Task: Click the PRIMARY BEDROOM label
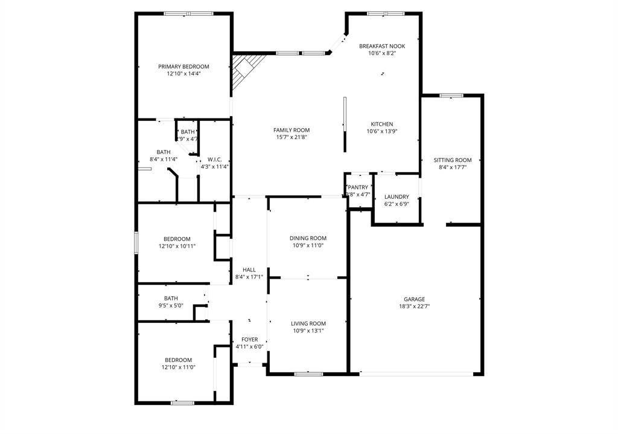(x=183, y=66)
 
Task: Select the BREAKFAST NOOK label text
(x=381, y=46)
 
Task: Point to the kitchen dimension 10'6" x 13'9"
(x=381, y=131)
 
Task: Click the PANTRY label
(x=357, y=187)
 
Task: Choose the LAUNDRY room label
(x=397, y=196)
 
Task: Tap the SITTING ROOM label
(x=452, y=160)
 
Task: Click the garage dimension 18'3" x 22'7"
(x=414, y=306)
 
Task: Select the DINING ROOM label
(x=308, y=238)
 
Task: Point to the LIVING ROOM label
(x=308, y=323)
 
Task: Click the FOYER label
(x=249, y=340)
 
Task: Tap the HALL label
(x=249, y=270)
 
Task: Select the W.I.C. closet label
(x=214, y=160)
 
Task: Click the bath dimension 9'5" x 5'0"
(x=171, y=306)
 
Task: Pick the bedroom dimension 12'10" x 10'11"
(x=177, y=246)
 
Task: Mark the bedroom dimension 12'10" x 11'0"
(x=179, y=367)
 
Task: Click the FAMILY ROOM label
(x=291, y=130)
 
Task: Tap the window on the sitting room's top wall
(x=451, y=95)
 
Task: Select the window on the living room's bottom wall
(x=308, y=374)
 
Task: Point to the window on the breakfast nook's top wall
(x=386, y=13)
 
